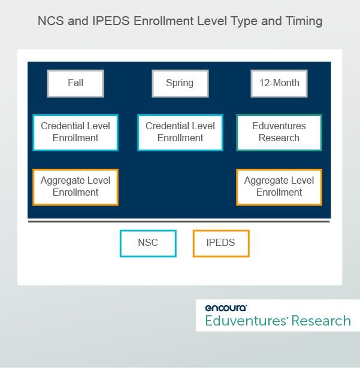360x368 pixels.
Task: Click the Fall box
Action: pos(75,83)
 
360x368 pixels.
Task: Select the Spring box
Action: pos(180,83)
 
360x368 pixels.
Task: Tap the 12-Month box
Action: pos(279,83)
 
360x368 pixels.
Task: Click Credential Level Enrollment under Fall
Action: pos(75,132)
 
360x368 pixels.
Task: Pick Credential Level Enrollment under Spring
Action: pos(180,132)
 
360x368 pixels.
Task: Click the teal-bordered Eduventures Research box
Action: pos(279,132)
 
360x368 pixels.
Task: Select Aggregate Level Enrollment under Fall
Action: pos(75,187)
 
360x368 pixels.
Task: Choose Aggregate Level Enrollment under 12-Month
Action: pos(279,187)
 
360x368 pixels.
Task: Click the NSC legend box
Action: pos(148,244)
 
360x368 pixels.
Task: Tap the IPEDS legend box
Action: pos(221,244)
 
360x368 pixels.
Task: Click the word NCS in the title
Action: pos(51,21)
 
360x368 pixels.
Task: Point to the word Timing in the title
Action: pos(304,22)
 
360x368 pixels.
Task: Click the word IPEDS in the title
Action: pos(111,21)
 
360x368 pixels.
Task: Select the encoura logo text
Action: pos(226,308)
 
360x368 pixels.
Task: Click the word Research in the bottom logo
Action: pos(321,321)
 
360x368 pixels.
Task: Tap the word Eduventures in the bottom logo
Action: pos(246,321)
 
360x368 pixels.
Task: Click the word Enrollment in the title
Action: pos(164,21)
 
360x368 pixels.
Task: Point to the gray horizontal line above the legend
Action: pos(179,221)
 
